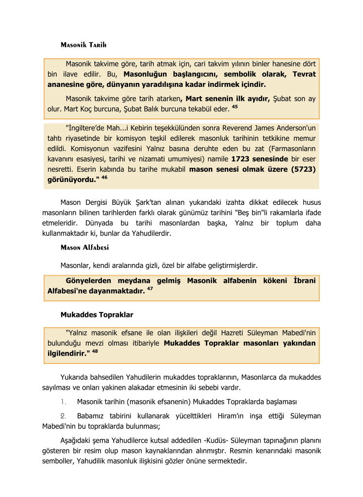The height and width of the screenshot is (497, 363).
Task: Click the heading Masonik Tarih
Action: coord(83,45)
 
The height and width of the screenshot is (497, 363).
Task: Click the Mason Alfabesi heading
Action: coord(84,247)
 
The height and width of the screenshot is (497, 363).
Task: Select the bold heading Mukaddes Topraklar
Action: coord(97,315)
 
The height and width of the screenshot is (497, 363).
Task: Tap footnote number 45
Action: coord(234,107)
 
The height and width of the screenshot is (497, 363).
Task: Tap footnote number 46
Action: coord(104,178)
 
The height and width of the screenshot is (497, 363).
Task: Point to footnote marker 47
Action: coord(150,290)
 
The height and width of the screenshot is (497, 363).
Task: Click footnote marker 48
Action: coord(95,351)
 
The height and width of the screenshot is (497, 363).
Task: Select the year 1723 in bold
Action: coord(241,159)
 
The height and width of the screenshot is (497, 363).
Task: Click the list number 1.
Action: coord(63,402)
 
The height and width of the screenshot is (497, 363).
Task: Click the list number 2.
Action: coord(63,416)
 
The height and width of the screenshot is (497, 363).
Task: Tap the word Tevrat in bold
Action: coord(304,74)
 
